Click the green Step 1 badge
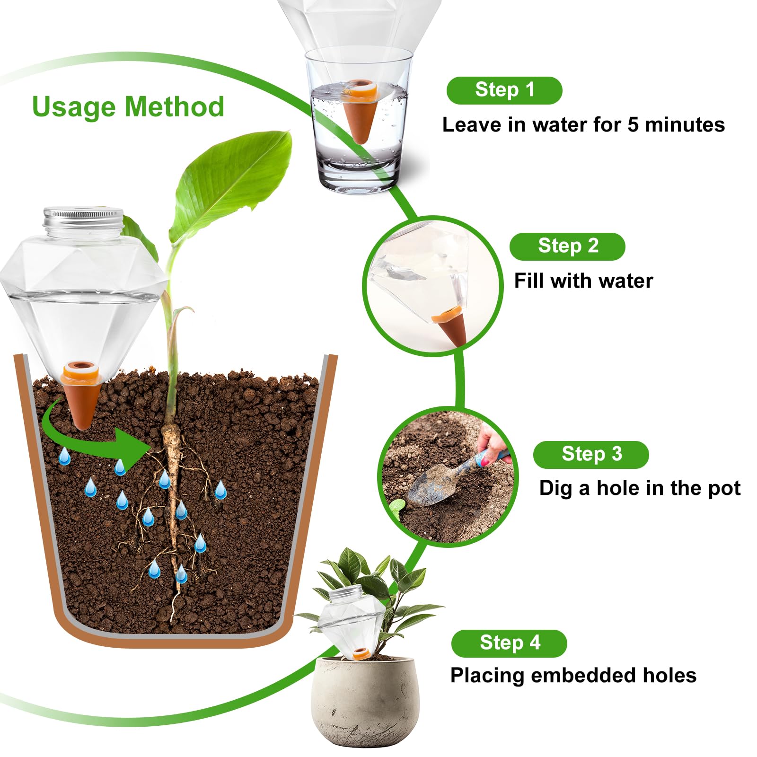[504, 90]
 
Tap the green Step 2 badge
[567, 246]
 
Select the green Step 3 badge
[591, 455]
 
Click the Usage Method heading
[128, 107]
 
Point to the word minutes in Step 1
[685, 125]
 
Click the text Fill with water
[583, 281]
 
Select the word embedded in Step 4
[584, 676]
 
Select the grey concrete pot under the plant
[365, 700]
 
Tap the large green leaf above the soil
[232, 185]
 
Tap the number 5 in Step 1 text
[634, 125]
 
